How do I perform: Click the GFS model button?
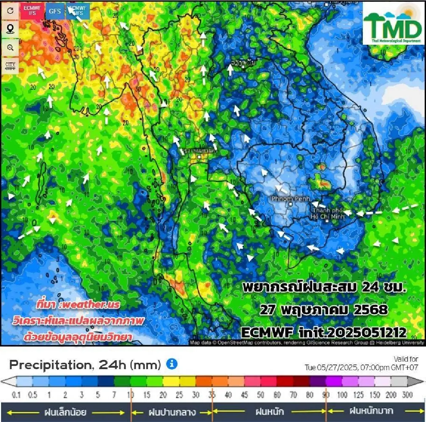[x=55, y=11]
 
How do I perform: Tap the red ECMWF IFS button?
[x=32, y=11]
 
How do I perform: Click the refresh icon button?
[x=10, y=11]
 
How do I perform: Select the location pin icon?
[x=10, y=29]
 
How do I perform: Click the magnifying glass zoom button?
[x=10, y=48]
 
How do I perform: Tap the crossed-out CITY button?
[x=10, y=66]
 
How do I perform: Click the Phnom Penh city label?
[x=290, y=199]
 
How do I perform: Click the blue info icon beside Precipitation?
[x=172, y=364]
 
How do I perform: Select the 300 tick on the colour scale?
[x=407, y=395]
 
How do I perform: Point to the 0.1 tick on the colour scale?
[x=16, y=395]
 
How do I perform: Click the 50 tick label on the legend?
[x=260, y=395]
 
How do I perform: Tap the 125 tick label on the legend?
[x=358, y=395]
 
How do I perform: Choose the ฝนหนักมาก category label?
[x=371, y=411]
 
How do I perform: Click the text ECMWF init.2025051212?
[x=323, y=333]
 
